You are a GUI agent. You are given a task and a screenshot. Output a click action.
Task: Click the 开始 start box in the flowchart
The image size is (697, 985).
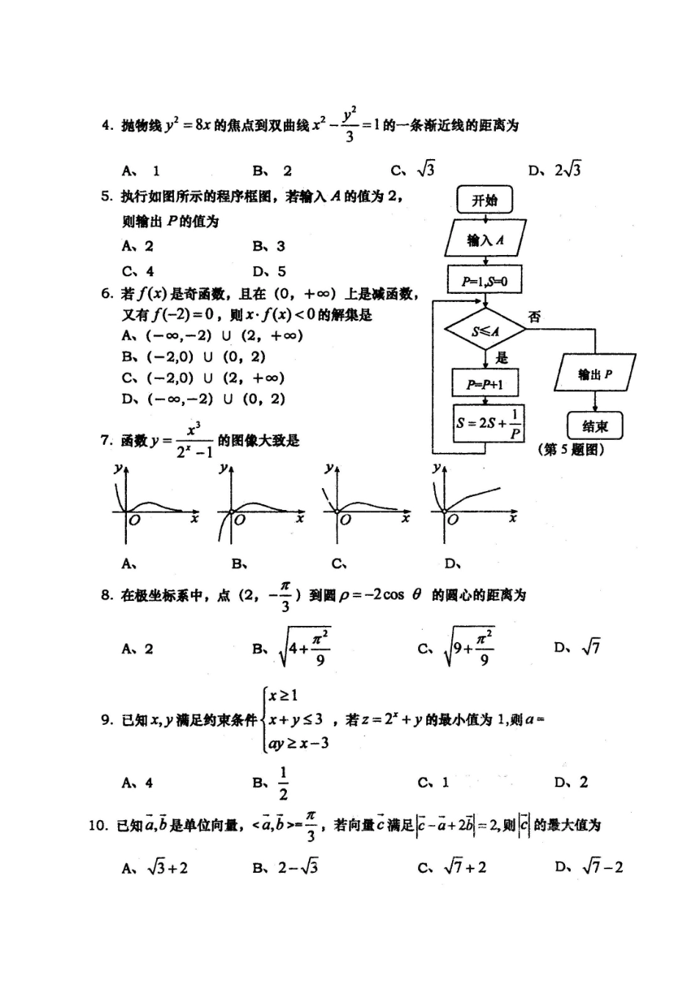pos(484,200)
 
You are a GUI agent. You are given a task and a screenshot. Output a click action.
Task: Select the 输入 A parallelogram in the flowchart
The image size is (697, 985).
pos(484,240)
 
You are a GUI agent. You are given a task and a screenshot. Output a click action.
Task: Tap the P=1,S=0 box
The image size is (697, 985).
pos(484,280)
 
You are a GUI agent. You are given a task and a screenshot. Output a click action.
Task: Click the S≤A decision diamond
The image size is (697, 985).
pos(485,331)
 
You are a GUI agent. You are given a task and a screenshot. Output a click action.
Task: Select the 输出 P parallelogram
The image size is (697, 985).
pos(595,375)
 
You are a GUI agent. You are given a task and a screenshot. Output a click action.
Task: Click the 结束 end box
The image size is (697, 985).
pos(595,426)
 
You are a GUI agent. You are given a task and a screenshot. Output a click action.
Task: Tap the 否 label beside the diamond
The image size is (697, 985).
pos(534,317)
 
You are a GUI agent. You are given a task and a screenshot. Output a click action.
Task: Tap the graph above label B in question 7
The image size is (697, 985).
pos(261,506)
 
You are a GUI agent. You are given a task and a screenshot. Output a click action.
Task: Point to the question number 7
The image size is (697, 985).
pos(106,440)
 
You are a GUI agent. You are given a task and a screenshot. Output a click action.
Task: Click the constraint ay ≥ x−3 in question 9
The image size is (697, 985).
pos(299,743)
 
